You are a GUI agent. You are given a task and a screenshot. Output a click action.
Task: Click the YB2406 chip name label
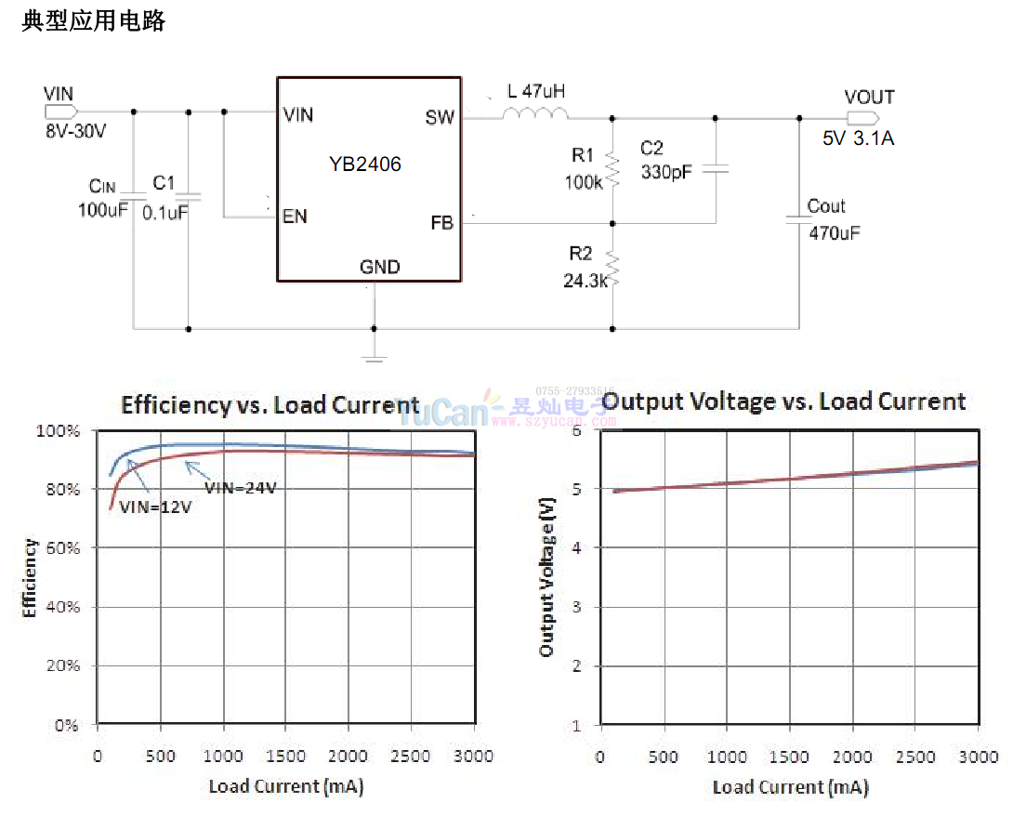pyautogui.click(x=364, y=165)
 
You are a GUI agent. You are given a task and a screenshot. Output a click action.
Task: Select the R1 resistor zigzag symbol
pyautogui.click(x=612, y=170)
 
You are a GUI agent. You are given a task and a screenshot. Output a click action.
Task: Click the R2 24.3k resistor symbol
pyautogui.click(x=612, y=269)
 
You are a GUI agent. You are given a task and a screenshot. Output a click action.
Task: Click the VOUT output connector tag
pyautogui.click(x=862, y=118)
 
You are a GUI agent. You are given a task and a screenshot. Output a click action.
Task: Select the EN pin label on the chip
pyautogui.click(x=295, y=217)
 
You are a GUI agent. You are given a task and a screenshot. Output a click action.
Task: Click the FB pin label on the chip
pyautogui.click(x=442, y=223)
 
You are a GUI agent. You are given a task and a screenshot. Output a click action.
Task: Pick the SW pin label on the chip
pyautogui.click(x=440, y=117)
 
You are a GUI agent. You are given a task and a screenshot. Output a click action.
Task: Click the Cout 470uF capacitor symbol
pyautogui.click(x=799, y=219)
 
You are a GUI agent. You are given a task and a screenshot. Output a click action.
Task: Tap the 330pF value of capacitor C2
pyautogui.click(x=666, y=172)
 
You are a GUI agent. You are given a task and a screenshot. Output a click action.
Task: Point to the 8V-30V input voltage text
pyautogui.click(x=75, y=132)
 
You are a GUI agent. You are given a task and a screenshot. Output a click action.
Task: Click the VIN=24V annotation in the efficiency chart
pyautogui.click(x=240, y=487)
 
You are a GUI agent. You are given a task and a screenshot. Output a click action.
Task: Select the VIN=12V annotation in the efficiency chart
pyautogui.click(x=155, y=506)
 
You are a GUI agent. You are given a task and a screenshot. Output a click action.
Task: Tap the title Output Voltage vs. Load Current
pyautogui.click(x=784, y=401)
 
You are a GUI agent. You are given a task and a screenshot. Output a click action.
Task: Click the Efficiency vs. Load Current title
pyautogui.click(x=270, y=405)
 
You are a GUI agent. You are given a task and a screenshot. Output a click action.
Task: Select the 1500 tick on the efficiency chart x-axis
pyautogui.click(x=285, y=757)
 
